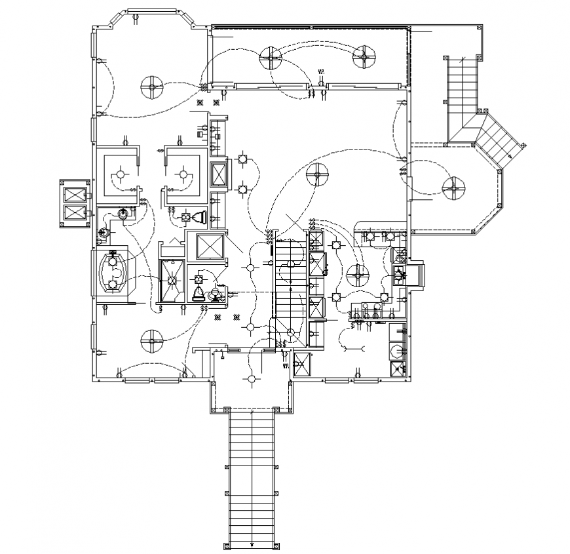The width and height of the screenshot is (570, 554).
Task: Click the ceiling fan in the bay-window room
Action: [151, 85]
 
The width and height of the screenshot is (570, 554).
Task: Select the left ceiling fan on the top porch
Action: [270, 58]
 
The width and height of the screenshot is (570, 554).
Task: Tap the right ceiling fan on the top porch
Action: [363, 57]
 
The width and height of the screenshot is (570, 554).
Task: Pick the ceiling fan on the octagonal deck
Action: [453, 188]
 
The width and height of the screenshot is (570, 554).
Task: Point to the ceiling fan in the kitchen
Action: [358, 276]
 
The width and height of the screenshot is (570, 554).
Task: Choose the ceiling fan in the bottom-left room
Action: [151, 340]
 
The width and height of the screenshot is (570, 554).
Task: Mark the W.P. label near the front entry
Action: [286, 366]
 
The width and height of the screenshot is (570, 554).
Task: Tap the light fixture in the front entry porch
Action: [250, 378]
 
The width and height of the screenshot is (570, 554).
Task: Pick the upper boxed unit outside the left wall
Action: [74, 195]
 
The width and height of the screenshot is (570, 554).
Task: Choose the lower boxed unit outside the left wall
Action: [74, 213]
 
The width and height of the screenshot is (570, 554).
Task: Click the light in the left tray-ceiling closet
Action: [119, 174]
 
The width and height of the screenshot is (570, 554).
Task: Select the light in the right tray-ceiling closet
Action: [183, 174]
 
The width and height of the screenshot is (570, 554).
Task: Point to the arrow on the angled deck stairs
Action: [510, 157]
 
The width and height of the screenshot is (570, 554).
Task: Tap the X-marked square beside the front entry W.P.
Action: [303, 364]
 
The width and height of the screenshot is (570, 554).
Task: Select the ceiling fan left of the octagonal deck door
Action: [317, 174]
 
